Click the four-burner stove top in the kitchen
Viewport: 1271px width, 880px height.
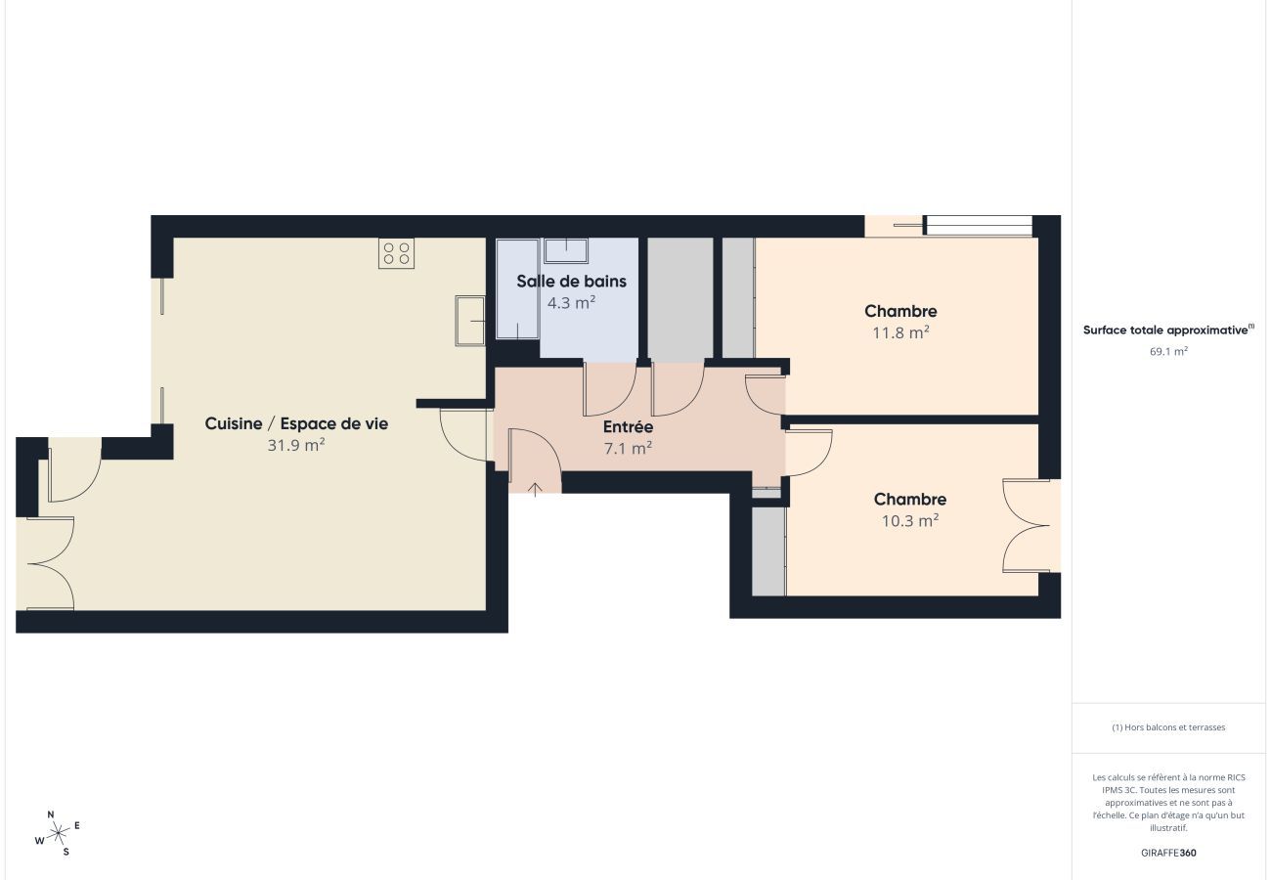396,253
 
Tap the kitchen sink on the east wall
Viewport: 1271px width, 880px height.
470,320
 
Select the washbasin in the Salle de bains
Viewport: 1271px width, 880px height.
566,250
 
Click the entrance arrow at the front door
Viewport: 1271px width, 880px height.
536,487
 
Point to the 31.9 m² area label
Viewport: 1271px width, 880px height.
296,445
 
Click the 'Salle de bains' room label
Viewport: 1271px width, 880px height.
572,282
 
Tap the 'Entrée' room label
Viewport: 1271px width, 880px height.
628,427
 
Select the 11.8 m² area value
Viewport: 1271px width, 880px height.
900,332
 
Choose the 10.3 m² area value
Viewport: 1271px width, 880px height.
910,520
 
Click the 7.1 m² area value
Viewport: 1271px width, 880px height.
628,449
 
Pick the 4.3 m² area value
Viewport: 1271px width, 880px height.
572,303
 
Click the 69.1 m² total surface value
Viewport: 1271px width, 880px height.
1168,351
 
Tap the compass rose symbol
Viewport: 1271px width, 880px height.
58,833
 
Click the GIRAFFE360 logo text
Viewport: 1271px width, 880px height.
1168,853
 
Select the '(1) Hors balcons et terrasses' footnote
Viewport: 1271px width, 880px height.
1168,727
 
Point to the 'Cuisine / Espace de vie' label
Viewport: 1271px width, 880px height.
296,423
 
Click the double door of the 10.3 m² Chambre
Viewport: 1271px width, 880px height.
1031,525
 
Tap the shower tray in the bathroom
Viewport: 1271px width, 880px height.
517,288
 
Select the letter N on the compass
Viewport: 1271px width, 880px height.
51,814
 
